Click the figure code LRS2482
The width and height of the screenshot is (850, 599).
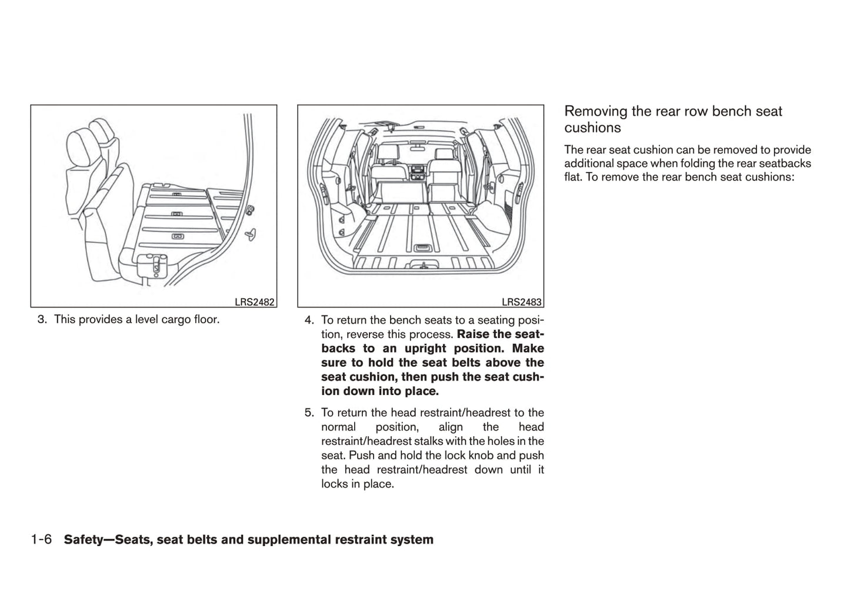coord(254,302)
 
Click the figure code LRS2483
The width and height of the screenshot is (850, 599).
coord(521,302)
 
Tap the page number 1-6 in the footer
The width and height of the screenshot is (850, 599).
coord(41,540)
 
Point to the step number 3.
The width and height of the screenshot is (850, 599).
coord(41,320)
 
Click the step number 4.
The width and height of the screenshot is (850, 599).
coord(309,320)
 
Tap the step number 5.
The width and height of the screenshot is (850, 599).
coord(309,413)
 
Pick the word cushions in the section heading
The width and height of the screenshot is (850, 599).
coord(592,128)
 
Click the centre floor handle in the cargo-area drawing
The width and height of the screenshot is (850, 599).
coord(421,248)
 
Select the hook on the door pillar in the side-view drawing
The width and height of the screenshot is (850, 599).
coord(252,233)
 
